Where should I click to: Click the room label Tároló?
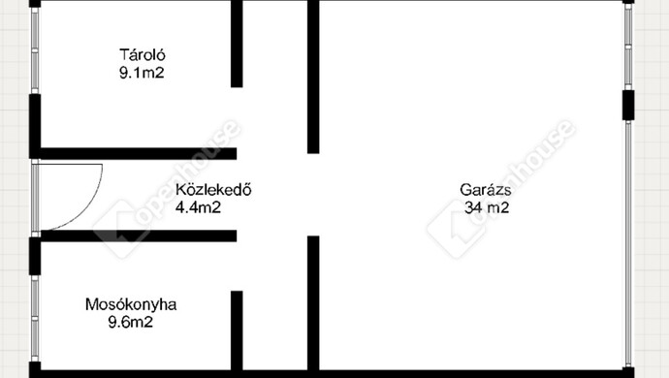(x=136, y=54)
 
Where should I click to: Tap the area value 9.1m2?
(x=136, y=71)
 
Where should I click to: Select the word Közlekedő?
(x=213, y=190)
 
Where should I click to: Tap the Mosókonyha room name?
(x=132, y=304)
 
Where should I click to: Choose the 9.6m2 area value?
(x=132, y=321)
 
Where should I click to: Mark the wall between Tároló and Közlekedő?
(x=136, y=153)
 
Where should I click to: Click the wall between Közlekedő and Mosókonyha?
(x=136, y=236)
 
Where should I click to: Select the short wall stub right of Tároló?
(x=237, y=44)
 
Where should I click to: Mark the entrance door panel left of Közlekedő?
(x=36, y=195)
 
